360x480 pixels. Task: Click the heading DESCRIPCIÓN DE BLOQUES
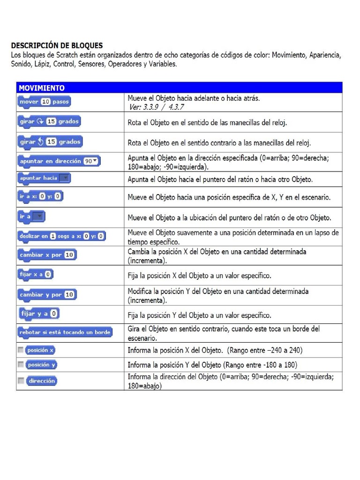[x=57, y=45]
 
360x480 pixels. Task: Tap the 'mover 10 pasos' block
[x=44, y=102]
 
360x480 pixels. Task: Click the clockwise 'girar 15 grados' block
[x=49, y=121]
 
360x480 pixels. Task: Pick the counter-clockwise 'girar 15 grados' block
[x=50, y=142]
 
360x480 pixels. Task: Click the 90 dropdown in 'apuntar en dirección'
[x=91, y=161]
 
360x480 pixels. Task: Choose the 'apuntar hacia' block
[x=44, y=178]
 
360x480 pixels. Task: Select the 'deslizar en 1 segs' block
[x=61, y=236]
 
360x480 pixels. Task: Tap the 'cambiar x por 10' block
[x=46, y=255]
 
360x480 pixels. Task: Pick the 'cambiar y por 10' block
[x=46, y=295]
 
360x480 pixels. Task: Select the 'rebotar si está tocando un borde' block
[x=64, y=332]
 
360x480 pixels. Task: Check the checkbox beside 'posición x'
[x=20, y=350]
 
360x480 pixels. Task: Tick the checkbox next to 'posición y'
[x=20, y=364]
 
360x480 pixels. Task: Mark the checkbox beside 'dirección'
[x=20, y=381]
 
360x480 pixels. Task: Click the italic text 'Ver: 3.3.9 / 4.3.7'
[x=156, y=107]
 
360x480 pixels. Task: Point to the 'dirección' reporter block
[x=42, y=381]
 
